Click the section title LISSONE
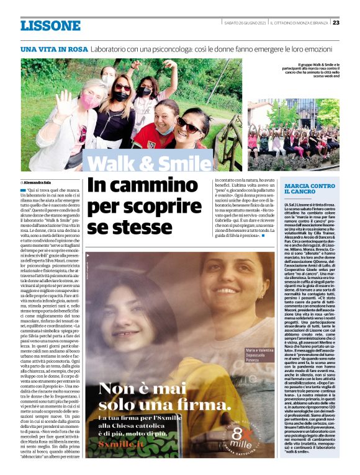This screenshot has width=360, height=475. pos(50,25)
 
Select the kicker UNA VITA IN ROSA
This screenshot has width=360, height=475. pos(53,48)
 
